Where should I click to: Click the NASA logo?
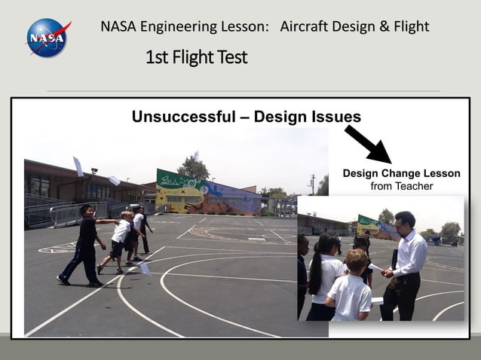pos(47,37)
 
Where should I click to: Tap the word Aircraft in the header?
pos(308,27)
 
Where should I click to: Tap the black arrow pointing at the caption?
pos(367,143)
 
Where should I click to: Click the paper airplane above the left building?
pos(78,166)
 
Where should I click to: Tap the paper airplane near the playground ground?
pos(144,268)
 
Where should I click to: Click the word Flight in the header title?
pos(411,27)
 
